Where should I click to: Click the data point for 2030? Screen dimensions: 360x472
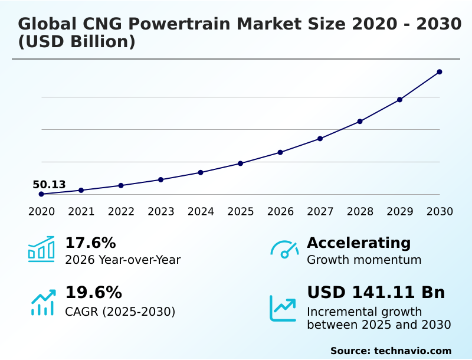(440, 72)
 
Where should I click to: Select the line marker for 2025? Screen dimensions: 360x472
(241, 163)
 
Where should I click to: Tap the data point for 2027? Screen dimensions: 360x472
(320, 139)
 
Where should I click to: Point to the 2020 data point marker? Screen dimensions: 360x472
(41, 194)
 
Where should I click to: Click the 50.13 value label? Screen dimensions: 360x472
(49, 185)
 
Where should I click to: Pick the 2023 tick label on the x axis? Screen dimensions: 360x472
(161, 212)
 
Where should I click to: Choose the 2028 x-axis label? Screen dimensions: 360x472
(360, 212)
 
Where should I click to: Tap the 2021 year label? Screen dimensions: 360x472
(81, 212)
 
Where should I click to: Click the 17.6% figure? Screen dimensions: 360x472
(90, 243)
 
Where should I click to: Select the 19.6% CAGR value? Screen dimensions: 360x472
(93, 293)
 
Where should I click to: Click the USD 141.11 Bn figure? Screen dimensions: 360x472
(376, 293)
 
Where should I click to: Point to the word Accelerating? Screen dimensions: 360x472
(359, 243)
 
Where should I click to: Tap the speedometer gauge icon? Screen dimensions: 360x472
(284, 250)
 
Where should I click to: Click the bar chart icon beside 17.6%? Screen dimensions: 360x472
(41, 250)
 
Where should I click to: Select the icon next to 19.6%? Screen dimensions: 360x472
(42, 302)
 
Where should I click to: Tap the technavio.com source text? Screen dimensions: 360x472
(412, 351)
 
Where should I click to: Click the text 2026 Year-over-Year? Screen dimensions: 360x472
(123, 260)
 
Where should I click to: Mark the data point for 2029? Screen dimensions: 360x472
(399, 100)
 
